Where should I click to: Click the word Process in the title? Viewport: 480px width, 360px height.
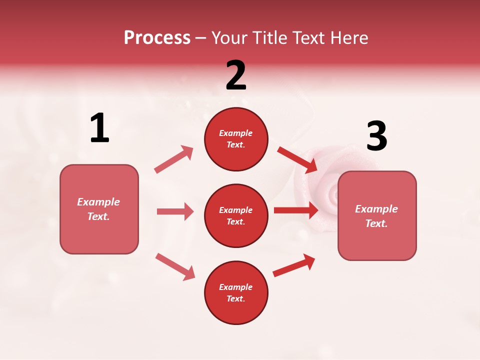pyautogui.click(x=157, y=38)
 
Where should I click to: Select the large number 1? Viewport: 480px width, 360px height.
pyautogui.click(x=99, y=128)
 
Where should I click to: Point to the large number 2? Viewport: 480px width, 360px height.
pyautogui.click(x=236, y=75)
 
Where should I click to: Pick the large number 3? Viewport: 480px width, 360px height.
pyautogui.click(x=376, y=136)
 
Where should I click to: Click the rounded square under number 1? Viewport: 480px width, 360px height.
pyautogui.click(x=99, y=209)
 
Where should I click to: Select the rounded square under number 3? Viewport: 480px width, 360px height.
pyautogui.click(x=377, y=215)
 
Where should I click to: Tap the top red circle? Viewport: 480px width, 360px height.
pyautogui.click(x=236, y=138)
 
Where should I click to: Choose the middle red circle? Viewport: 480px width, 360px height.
pyautogui.click(x=236, y=215)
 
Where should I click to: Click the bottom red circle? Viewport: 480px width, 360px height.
pyautogui.click(x=236, y=292)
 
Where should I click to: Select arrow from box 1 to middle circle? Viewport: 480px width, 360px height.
pyautogui.click(x=175, y=211)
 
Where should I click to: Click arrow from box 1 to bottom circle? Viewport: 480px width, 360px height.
pyautogui.click(x=175, y=266)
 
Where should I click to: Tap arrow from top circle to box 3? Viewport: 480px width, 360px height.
pyautogui.click(x=297, y=159)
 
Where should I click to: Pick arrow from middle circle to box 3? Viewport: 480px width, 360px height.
pyautogui.click(x=296, y=210)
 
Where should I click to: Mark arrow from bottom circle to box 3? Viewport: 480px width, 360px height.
pyautogui.click(x=294, y=265)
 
